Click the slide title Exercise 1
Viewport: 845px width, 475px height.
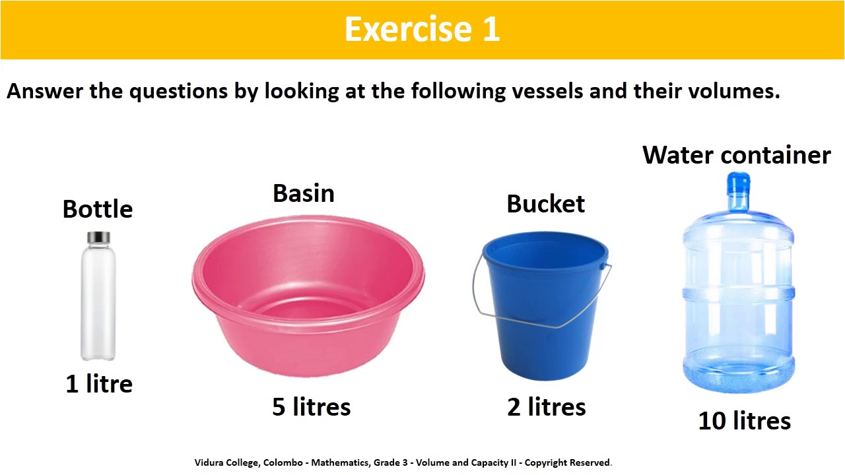coord(422,30)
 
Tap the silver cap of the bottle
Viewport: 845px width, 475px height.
coord(98,237)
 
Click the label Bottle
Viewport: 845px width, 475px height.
coord(98,209)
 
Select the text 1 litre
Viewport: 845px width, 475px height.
coord(99,384)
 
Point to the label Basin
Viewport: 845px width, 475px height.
coord(304,193)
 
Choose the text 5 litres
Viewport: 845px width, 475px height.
coord(312,407)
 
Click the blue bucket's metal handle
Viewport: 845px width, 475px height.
coord(475,290)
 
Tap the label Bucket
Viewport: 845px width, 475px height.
coord(545,204)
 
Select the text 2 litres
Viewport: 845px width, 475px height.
coord(547,407)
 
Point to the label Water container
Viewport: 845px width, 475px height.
coord(736,155)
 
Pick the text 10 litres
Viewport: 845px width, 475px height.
coord(745,421)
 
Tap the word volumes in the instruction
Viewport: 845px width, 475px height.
coord(731,91)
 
